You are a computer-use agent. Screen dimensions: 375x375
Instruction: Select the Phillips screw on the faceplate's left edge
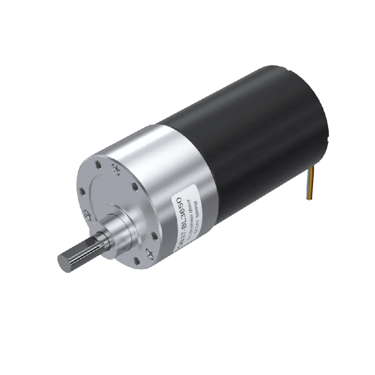(88, 214)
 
